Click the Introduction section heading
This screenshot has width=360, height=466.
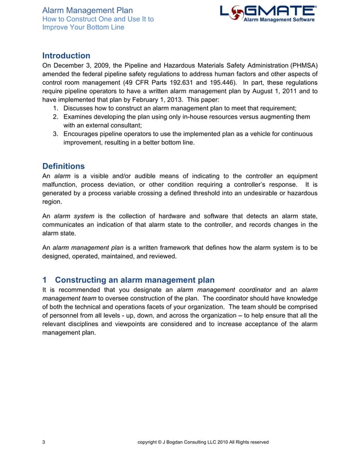pos(66,56)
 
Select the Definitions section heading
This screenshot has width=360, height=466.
pos(63,166)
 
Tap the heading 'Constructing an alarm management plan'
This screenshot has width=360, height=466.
pos(134,280)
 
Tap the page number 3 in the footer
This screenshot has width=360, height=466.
pos(44,442)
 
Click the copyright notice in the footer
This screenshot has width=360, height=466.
pos(203,442)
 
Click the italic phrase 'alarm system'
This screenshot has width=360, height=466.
pos(74,217)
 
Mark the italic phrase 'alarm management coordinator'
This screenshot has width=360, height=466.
pos(224,290)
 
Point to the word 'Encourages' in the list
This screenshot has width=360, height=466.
pos(83,134)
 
